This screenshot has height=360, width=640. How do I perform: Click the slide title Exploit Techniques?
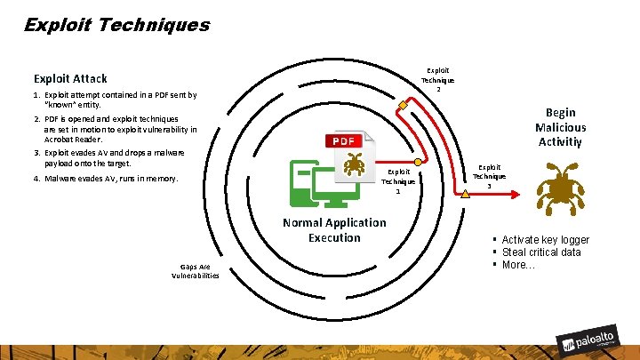116,25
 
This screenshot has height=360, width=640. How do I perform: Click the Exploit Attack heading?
70,78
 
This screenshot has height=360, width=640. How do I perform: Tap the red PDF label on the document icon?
343,141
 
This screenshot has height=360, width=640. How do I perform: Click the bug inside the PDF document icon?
354,164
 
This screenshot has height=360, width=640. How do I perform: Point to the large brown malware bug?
561,188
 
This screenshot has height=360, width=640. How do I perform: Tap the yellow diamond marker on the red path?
403,106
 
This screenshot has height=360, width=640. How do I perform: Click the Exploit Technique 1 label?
398,181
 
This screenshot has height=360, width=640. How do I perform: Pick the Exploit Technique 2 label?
437,80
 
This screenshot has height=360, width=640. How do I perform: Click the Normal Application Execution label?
334,229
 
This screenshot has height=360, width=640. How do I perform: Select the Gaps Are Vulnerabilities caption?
195,271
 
